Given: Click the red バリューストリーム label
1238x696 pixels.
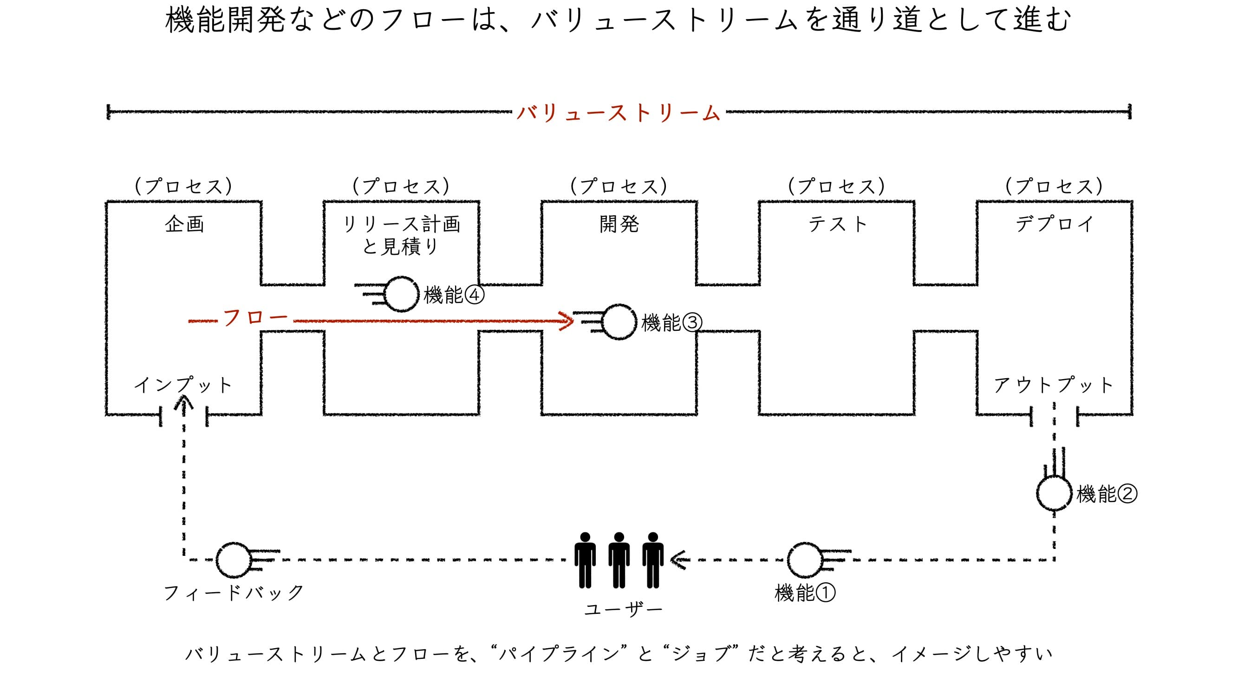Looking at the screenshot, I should (x=619, y=113).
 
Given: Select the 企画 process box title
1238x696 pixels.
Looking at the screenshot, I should (x=184, y=224).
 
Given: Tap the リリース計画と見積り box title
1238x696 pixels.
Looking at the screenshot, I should (x=401, y=235).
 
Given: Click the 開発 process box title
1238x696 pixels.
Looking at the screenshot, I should (x=619, y=224).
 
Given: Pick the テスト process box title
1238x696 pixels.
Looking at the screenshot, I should (x=837, y=224).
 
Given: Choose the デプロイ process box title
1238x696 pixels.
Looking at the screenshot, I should (x=1055, y=224).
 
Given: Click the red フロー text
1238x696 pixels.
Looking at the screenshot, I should (x=255, y=317).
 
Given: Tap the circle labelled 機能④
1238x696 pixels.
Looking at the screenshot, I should (x=402, y=294).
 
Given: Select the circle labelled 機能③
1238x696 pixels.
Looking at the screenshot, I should (x=619, y=322).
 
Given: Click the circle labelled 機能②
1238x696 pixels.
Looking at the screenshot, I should (x=1054, y=493).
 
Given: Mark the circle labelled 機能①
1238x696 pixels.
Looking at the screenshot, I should (x=806, y=560).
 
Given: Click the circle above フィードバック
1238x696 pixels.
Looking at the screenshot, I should (x=234, y=560).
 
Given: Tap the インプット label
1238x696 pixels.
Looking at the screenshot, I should (x=183, y=385).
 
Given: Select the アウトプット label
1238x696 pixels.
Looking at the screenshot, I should (x=1054, y=385).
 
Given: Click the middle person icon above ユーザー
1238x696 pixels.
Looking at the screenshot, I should (x=619, y=560).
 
